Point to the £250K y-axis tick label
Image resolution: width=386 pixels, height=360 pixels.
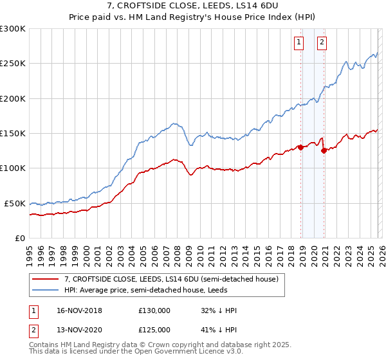point(13,64)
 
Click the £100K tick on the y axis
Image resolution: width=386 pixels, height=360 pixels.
point(13,168)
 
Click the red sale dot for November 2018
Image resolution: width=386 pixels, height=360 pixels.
point(300,147)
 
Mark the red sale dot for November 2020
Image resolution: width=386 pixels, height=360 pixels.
point(324,151)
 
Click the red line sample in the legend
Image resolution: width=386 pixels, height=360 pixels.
point(46,280)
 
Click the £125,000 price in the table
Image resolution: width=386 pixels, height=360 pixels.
point(154,329)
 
